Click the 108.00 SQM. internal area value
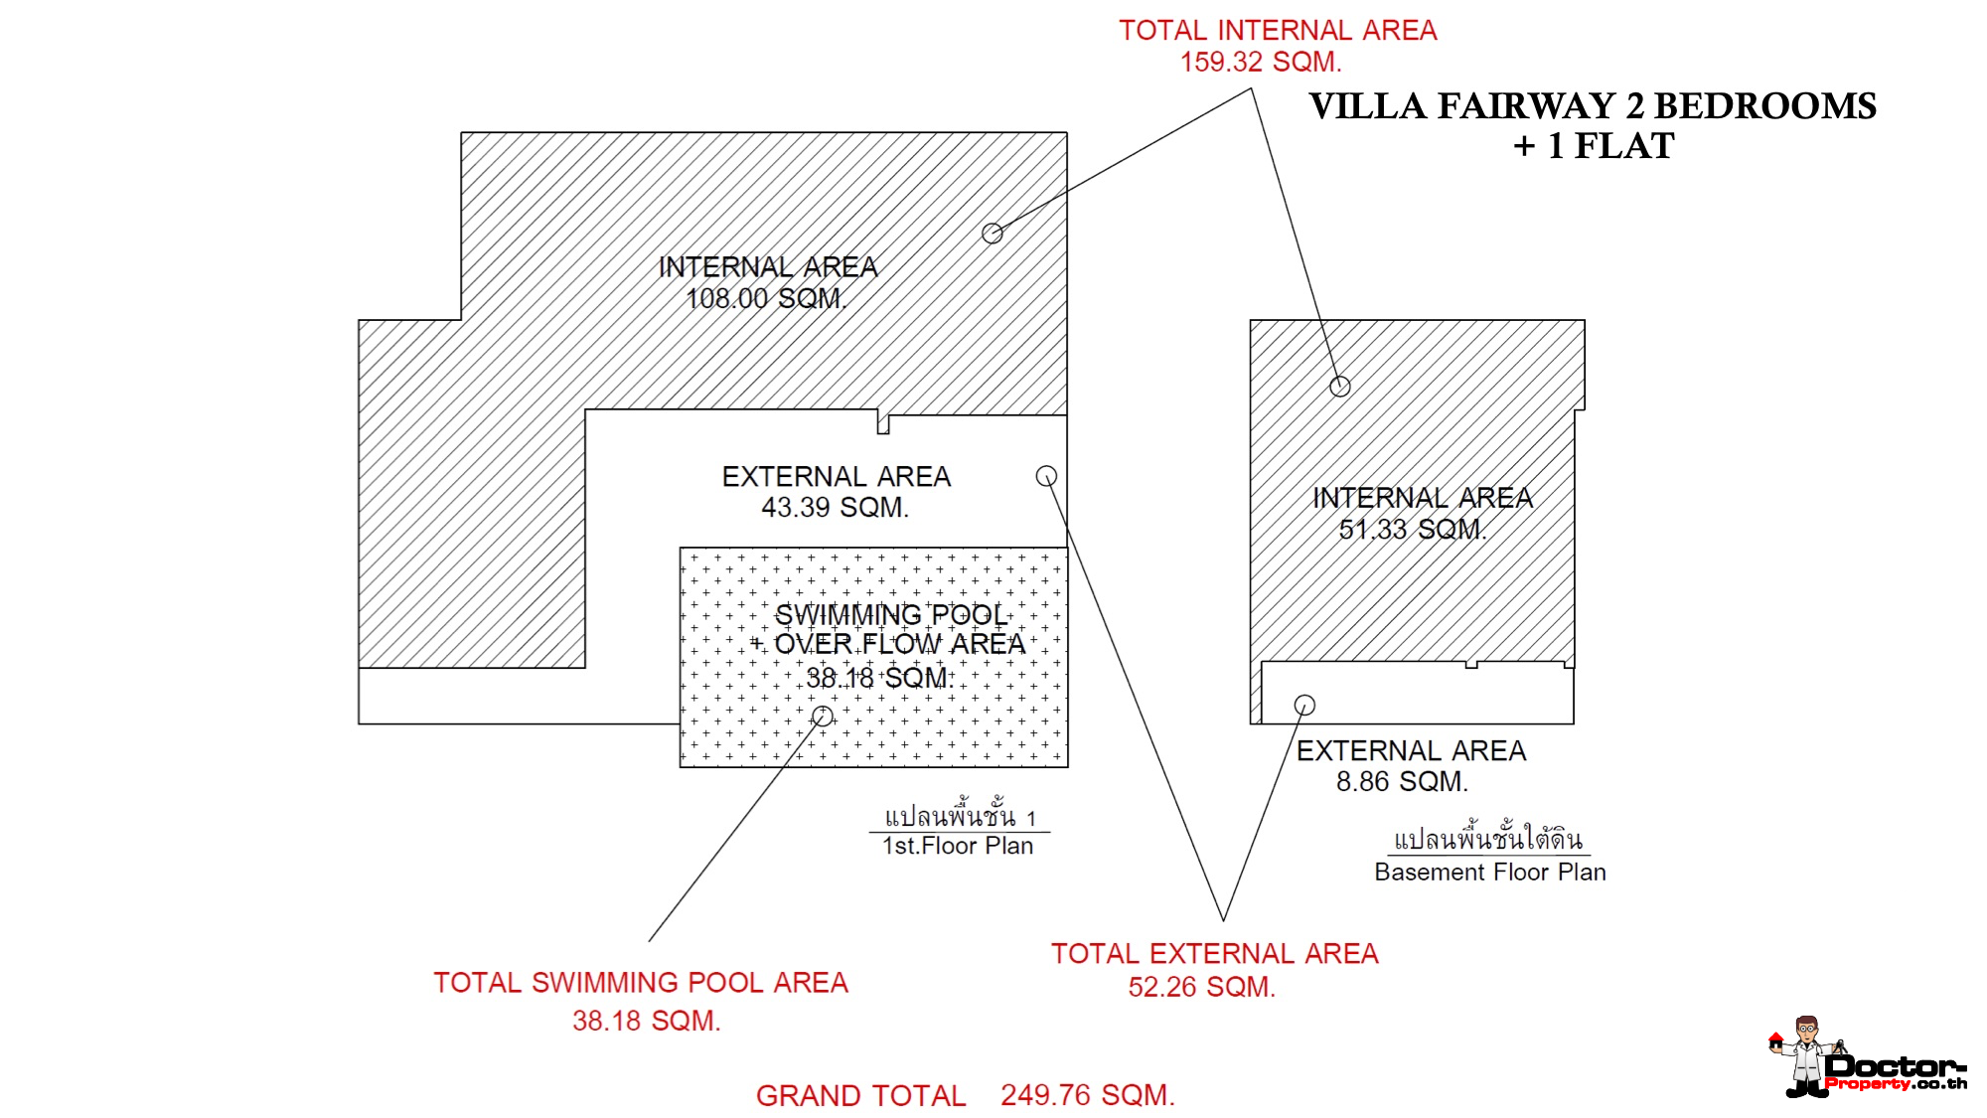(x=765, y=298)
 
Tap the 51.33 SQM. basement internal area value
(x=1412, y=529)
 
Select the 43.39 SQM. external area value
(x=835, y=507)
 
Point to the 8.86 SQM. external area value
(x=1402, y=781)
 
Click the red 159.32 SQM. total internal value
(x=1261, y=62)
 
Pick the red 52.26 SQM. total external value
(x=1201, y=987)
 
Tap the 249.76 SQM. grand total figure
(x=1088, y=1095)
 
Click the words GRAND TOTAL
(x=860, y=1095)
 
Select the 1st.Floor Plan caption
(x=958, y=846)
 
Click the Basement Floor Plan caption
(x=1490, y=872)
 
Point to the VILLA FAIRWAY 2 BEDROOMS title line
(x=1593, y=106)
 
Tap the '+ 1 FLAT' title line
(x=1594, y=146)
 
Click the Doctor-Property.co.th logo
(x=1868, y=1057)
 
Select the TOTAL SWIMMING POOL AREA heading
(x=641, y=983)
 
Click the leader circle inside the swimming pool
(x=823, y=717)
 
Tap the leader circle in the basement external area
(x=1304, y=705)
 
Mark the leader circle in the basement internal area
(x=1340, y=387)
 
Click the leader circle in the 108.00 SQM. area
(x=992, y=234)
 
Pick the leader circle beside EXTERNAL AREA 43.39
(x=1046, y=476)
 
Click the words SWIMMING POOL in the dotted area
(x=891, y=615)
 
